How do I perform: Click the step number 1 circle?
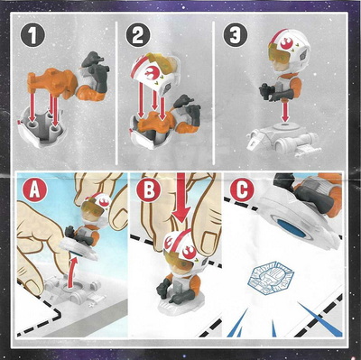32,36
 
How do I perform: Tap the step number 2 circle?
137,36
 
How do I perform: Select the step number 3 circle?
235,36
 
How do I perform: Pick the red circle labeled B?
148,190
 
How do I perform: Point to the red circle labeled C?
242,190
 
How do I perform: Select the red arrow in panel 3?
285,111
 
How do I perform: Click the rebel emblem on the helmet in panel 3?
285,44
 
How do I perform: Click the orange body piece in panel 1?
52,81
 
